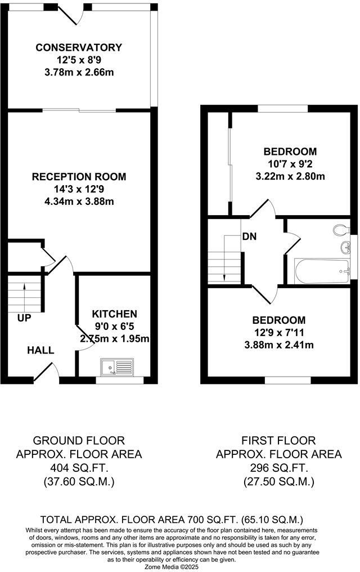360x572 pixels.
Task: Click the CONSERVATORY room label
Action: [78, 48]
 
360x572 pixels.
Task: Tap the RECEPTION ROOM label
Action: [79, 177]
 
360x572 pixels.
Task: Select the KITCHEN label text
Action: [115, 314]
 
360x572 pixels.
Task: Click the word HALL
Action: [41, 350]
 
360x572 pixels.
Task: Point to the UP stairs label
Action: [24, 318]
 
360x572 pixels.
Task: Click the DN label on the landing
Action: [250, 236]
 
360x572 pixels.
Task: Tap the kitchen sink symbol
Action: [117, 368]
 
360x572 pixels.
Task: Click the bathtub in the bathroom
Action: [321, 271]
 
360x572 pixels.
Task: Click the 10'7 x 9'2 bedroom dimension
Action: [290, 164]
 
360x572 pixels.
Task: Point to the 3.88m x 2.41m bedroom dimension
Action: [278, 345]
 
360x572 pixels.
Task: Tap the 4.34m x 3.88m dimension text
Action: [79, 201]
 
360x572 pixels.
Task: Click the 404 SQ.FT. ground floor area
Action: [79, 468]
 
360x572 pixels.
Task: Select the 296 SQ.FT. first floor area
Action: [279, 468]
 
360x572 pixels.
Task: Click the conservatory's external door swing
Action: [74, 15]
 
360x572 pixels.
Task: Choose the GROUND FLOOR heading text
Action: [79, 440]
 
